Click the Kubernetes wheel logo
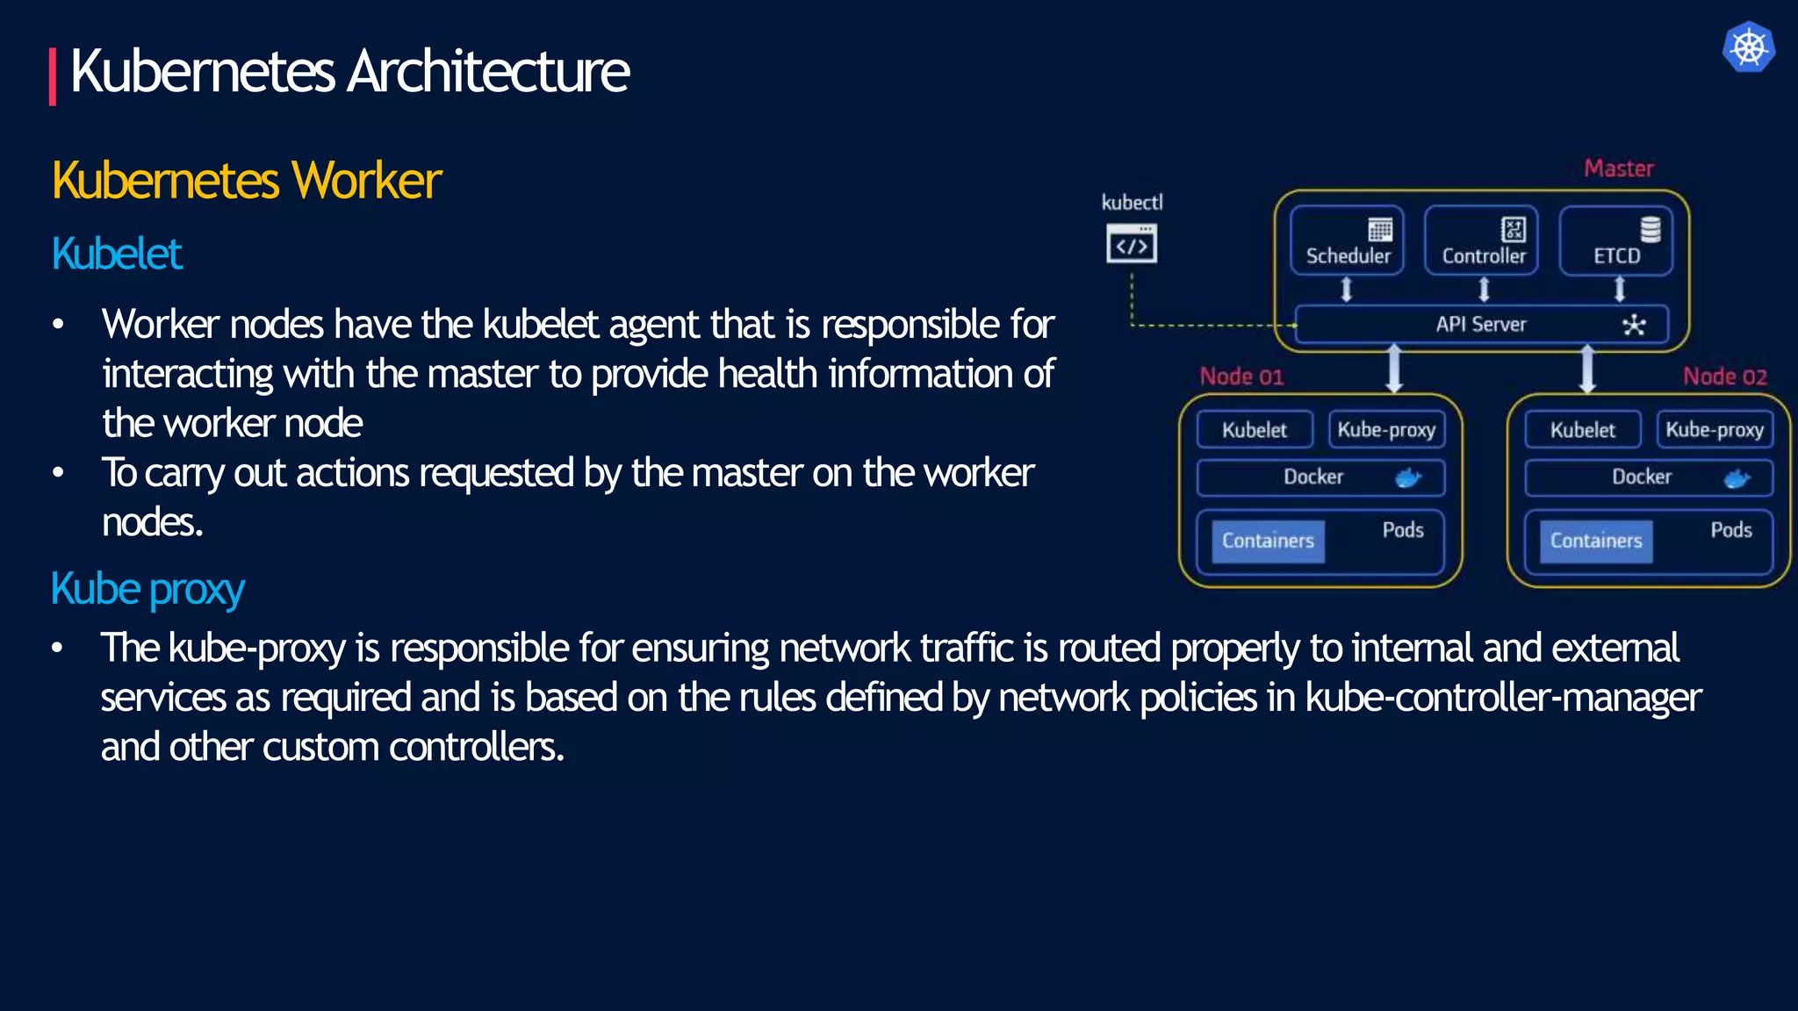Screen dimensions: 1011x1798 [1748, 47]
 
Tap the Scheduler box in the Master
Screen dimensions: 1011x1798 [1347, 240]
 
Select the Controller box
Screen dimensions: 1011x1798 [1481, 240]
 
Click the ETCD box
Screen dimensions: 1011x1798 [1616, 240]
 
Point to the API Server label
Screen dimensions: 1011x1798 [1481, 325]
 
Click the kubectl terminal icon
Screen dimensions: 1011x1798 [1132, 244]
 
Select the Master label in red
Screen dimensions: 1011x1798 [1618, 168]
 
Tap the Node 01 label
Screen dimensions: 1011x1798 [1241, 376]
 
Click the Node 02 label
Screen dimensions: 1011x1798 [1724, 376]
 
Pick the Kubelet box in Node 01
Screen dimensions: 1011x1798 [1255, 430]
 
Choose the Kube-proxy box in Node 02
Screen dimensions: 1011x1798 [1715, 430]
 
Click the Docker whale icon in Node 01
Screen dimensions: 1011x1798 [1408, 477]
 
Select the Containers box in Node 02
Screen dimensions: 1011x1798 [1596, 541]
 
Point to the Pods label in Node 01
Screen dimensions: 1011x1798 [1403, 530]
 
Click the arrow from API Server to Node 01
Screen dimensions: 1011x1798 [1394, 369]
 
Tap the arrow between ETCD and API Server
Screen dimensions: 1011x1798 [1620, 289]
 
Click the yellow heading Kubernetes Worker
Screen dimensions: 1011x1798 [247, 181]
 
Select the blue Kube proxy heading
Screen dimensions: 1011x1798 [147, 589]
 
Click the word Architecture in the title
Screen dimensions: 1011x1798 [488, 71]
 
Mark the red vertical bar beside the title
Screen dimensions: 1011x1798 [53, 76]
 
